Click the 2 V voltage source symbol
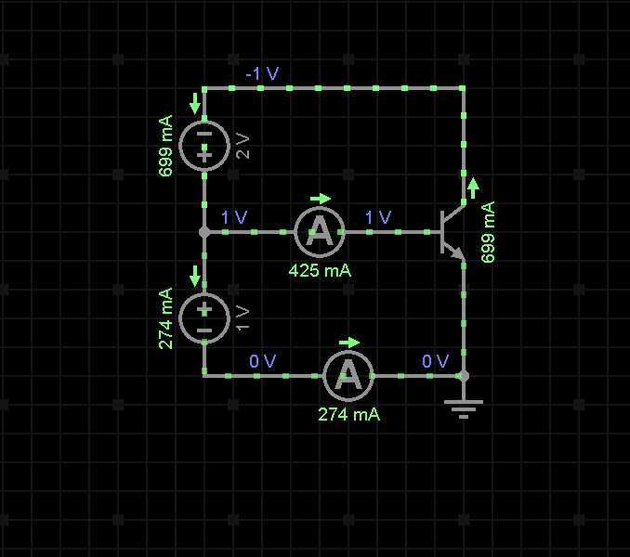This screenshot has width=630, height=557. coord(204,146)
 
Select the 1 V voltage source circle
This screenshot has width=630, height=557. coord(204,317)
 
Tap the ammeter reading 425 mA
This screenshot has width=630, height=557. coord(320,232)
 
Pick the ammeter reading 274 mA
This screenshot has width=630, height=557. coord(348,375)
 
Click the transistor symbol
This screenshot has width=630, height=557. coord(452,232)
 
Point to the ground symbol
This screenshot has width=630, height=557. coord(464,407)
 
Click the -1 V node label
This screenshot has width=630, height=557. coord(262,73)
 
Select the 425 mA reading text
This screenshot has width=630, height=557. coord(320,271)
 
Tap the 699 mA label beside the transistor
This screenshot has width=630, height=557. coord(489,232)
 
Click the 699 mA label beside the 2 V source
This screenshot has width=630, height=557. coord(165,146)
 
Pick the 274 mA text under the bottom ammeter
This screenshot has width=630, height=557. coord(348,414)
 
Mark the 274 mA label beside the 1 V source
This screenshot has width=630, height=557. coord(165,317)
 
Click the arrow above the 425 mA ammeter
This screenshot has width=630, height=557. coord(321,198)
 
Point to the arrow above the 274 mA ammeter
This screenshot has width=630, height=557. coord(348,342)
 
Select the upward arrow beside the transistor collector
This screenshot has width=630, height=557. coord(474,188)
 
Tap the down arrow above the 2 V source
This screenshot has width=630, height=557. coord(194,102)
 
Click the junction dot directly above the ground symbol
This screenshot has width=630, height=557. coord(464,375)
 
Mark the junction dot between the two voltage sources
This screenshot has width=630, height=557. coord(204,232)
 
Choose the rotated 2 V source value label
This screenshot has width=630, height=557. coord(243,146)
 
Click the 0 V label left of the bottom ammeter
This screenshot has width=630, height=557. coord(263,361)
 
